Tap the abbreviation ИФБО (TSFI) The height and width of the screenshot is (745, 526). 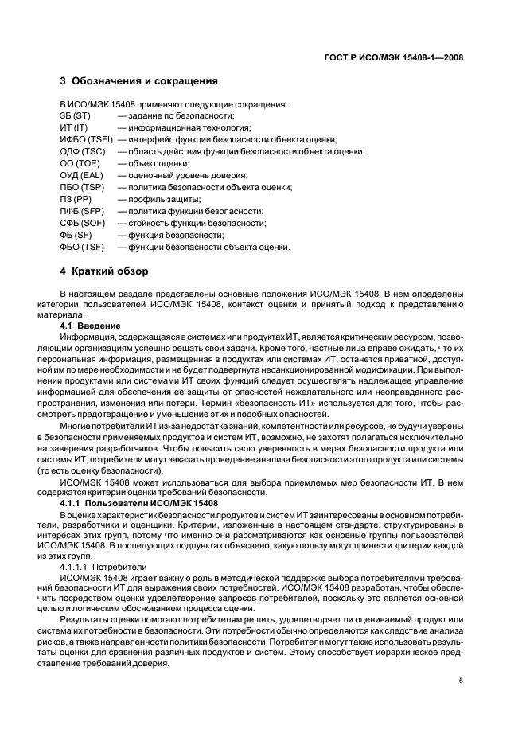pyautogui.click(x=85, y=139)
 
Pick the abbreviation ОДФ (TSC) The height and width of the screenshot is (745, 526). pyautogui.click(x=83, y=151)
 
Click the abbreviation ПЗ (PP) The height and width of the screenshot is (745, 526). pyautogui.click(x=76, y=199)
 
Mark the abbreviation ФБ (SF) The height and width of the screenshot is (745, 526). pyautogui.click(x=76, y=235)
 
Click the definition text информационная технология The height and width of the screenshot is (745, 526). pyautogui.click(x=184, y=127)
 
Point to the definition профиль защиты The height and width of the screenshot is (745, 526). pyautogui.click(x=158, y=199)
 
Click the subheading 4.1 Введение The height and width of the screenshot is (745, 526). pyautogui.click(x=90, y=326)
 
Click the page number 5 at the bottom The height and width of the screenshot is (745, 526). pyautogui.click(x=462, y=681)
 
